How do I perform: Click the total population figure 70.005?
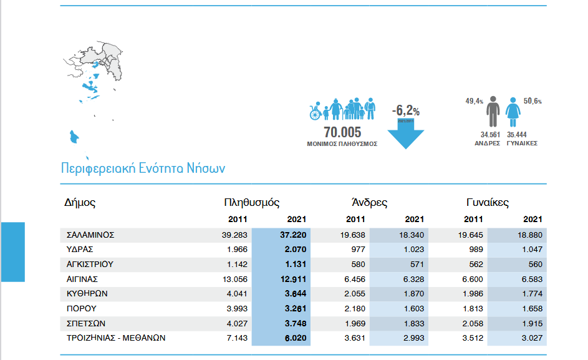[342, 132]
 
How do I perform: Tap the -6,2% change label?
[405, 111]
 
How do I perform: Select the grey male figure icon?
[493, 112]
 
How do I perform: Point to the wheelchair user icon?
[316, 113]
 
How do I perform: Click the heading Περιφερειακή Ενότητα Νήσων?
[143, 168]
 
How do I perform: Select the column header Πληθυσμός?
[251, 203]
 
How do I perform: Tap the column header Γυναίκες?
[488, 203]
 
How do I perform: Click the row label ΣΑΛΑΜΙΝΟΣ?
[90, 235]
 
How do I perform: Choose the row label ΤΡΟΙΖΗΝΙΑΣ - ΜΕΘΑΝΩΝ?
[116, 338]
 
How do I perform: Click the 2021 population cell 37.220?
[294, 235]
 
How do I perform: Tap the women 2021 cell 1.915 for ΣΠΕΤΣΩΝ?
[531, 323]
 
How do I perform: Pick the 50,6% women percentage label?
[533, 100]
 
